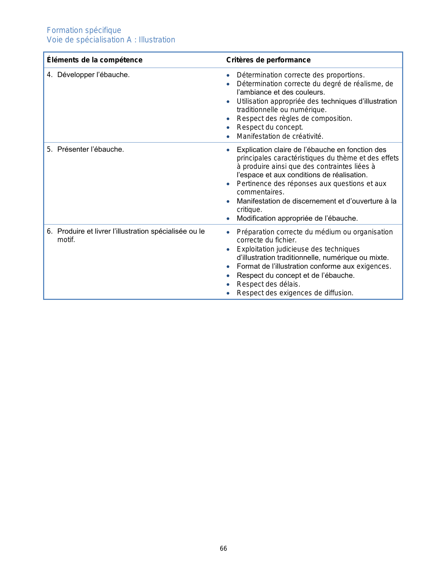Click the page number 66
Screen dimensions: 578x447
223,549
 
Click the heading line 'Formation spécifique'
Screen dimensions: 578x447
84,30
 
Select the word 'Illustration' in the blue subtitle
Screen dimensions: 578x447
157,40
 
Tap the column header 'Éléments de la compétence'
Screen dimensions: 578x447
95,60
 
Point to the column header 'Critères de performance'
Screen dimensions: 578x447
268,60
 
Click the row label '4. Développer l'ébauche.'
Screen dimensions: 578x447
88,75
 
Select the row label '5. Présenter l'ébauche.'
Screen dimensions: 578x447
86,149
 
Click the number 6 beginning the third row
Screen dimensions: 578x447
49,231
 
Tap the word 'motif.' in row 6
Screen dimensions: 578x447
66,240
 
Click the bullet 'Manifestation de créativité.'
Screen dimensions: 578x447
280,136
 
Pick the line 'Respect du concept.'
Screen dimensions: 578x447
270,127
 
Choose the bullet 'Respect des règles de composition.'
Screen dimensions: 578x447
294,118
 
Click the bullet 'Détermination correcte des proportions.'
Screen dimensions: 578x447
300,75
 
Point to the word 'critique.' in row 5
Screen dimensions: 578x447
249,209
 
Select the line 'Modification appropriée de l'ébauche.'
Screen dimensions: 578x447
297,218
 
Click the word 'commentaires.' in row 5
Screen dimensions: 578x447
260,192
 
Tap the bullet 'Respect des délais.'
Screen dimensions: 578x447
268,284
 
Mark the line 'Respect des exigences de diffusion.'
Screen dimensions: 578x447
295,293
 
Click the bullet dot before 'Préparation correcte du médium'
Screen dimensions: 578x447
228,232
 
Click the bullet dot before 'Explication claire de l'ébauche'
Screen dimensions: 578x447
228,150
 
